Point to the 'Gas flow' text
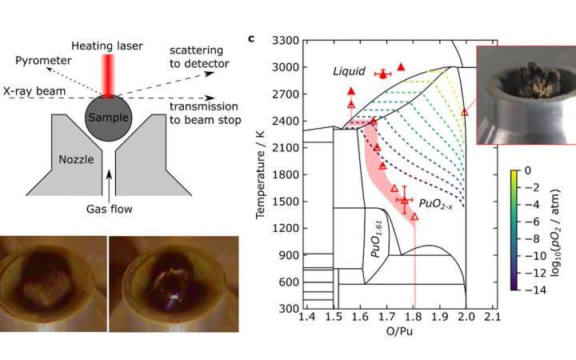coord(110,210)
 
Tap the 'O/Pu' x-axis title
coord(398,334)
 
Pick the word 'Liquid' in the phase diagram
coord(350,72)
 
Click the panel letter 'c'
coord(251,38)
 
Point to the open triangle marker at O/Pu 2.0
coord(465,113)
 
